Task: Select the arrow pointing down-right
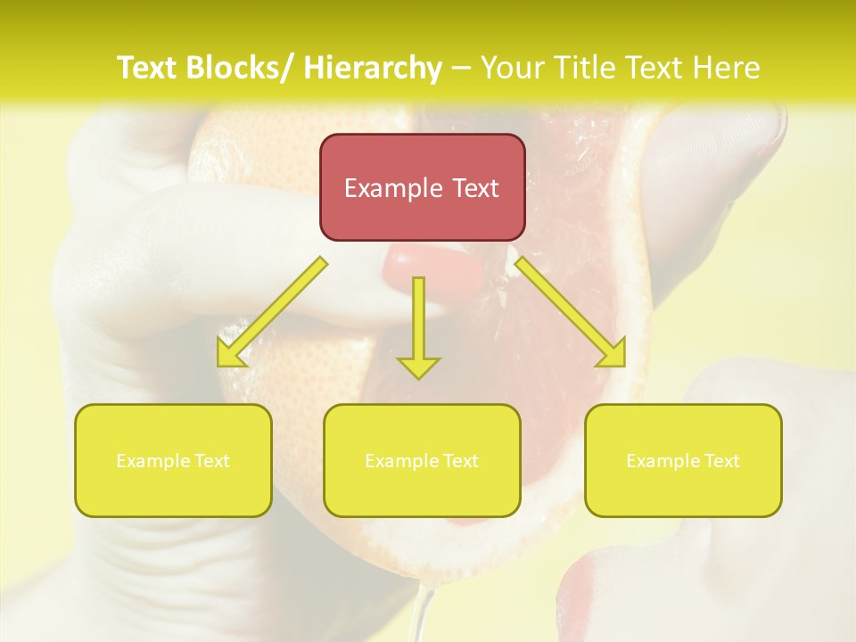(x=572, y=313)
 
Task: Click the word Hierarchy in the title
(x=372, y=68)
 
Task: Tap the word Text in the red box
(x=475, y=188)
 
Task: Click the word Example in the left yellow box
(x=153, y=461)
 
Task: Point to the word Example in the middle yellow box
(x=402, y=461)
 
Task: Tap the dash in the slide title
(x=461, y=69)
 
